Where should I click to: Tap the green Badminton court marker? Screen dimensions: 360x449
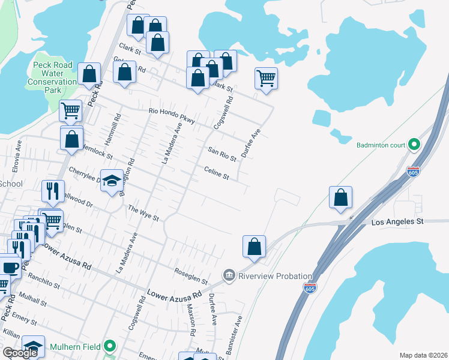pos(414,145)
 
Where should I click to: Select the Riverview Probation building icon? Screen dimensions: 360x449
pos(229,275)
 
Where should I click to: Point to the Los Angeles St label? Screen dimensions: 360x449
pos(397,222)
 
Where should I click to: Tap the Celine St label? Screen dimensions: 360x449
pos(217,173)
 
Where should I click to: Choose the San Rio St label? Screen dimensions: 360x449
pos(222,154)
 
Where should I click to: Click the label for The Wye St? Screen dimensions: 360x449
pos(143,212)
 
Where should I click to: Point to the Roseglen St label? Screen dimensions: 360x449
pos(191,277)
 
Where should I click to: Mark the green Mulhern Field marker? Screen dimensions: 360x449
pos(110,346)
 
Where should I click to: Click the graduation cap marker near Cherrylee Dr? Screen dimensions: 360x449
pos(112,181)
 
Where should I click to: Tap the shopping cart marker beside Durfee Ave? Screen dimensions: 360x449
pos(265,78)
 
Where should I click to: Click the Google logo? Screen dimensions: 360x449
pos(20,352)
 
